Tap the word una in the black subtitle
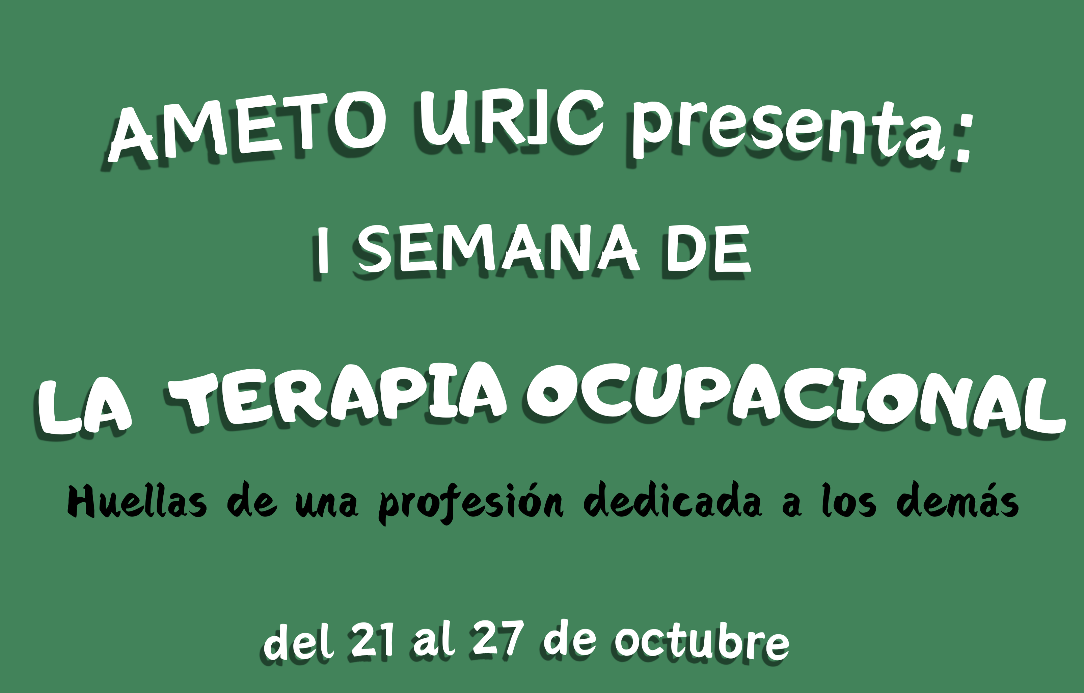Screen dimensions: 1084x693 click(x=327, y=504)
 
